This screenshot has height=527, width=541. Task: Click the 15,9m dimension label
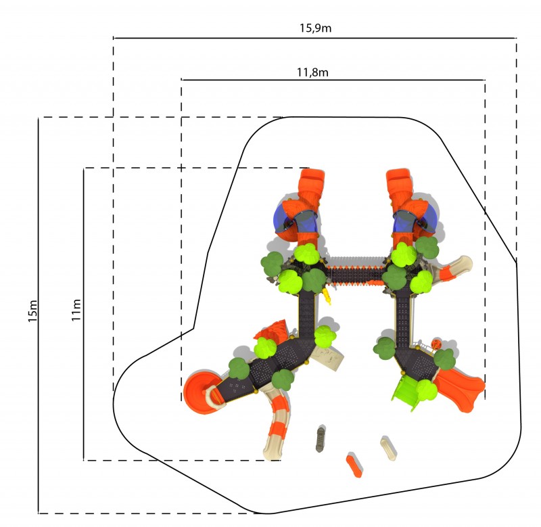pyautogui.click(x=315, y=28)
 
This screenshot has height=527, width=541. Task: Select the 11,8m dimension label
pyautogui.click(x=312, y=72)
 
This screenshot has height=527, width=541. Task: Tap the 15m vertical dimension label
pyautogui.click(x=32, y=311)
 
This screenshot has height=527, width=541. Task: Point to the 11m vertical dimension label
pyautogui.click(x=76, y=310)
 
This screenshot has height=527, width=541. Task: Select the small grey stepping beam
pyautogui.click(x=321, y=438)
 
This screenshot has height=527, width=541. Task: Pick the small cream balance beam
pyautogui.click(x=388, y=448)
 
